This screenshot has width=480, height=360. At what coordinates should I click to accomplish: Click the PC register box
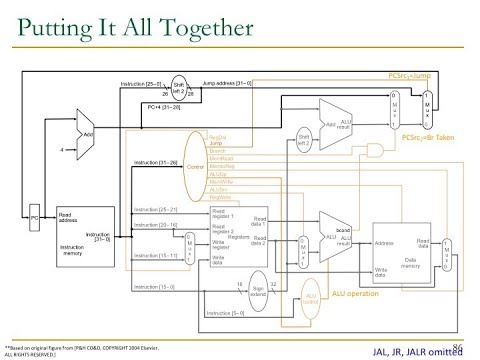33,216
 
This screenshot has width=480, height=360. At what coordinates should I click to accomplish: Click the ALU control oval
312,296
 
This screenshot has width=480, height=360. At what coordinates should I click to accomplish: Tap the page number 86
462,345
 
